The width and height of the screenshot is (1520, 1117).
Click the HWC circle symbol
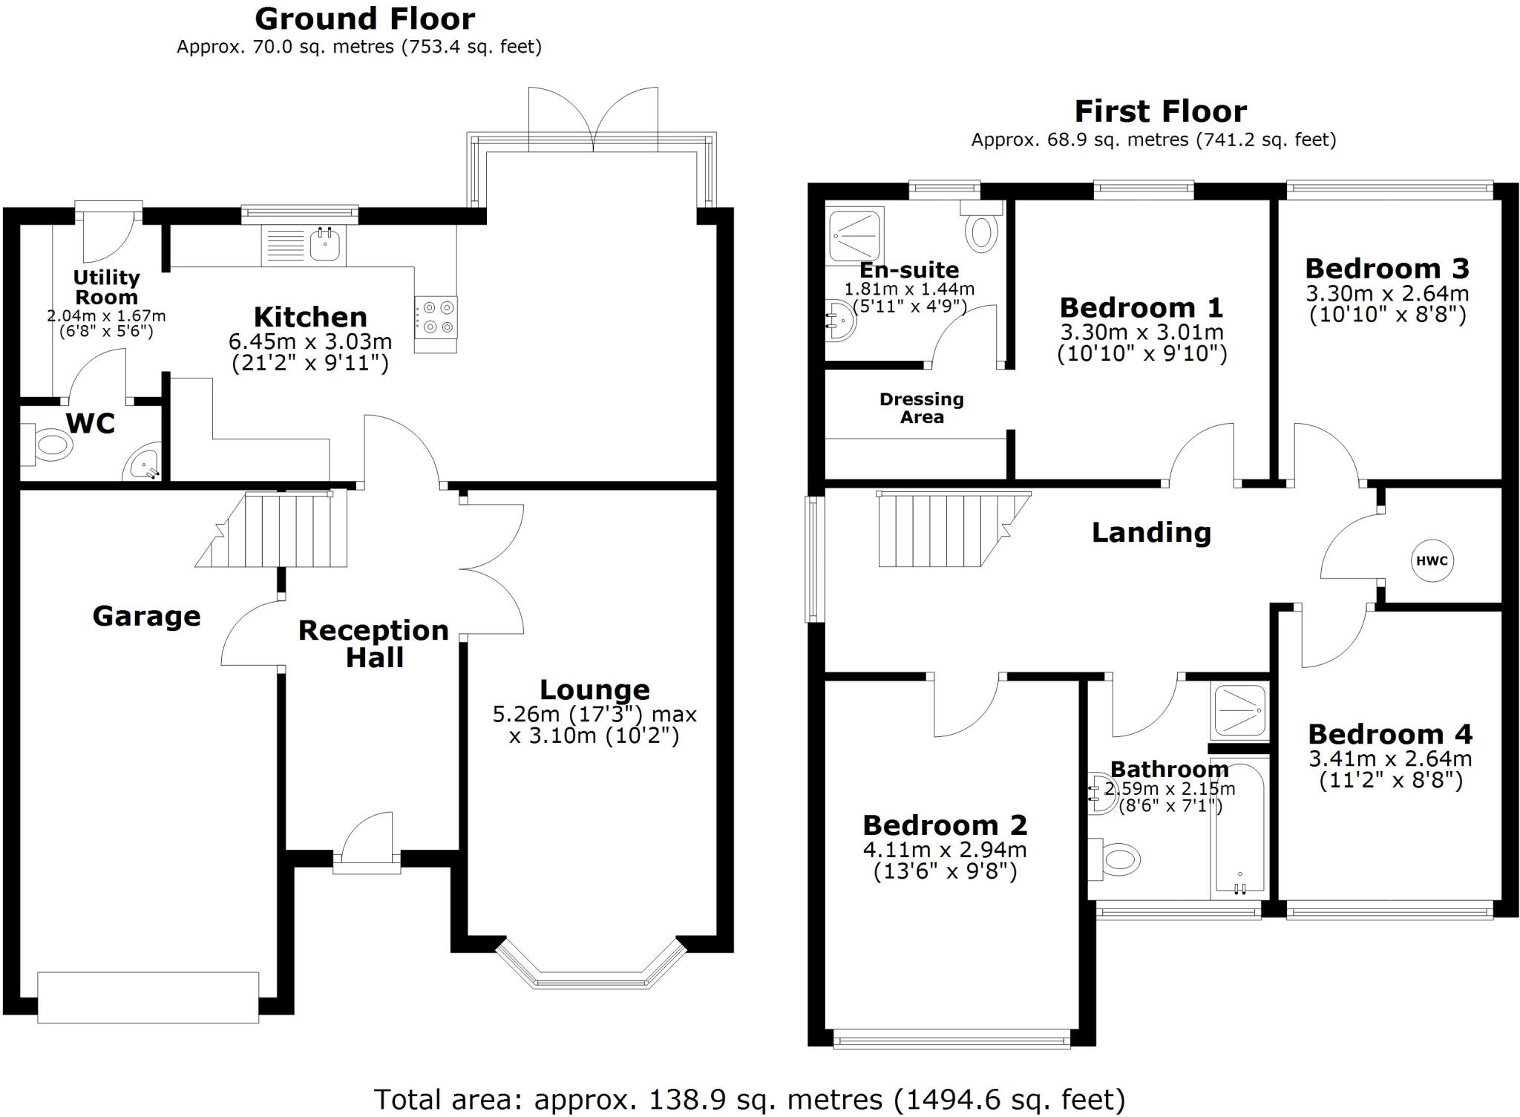[1432, 560]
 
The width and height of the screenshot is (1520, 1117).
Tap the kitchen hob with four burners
[436, 317]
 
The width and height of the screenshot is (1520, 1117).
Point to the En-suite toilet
[981, 230]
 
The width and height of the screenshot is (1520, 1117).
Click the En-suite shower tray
[855, 236]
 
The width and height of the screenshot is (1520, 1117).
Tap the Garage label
[146, 616]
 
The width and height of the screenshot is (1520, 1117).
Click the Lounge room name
[594, 689]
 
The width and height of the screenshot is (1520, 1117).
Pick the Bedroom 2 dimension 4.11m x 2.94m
[945, 850]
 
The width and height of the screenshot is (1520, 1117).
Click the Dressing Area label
[921, 408]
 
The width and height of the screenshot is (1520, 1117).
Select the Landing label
[1151, 532]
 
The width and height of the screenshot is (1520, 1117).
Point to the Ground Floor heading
[364, 19]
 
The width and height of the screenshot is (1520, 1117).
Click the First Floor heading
[1160, 111]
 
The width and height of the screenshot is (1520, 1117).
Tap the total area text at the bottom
[750, 1099]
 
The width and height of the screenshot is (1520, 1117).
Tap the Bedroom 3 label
[1386, 268]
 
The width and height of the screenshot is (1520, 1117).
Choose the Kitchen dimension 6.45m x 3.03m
[310, 341]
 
